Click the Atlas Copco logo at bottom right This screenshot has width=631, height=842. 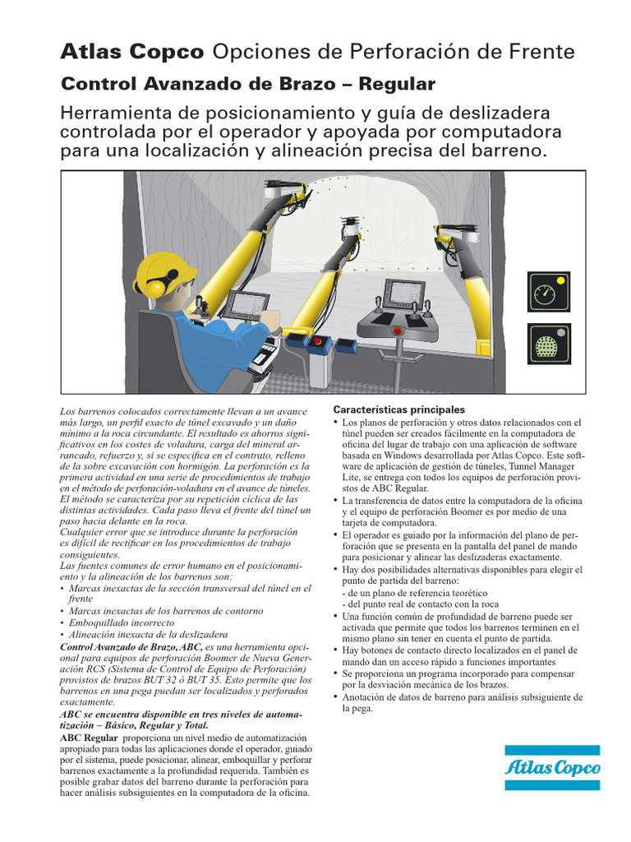click(552, 768)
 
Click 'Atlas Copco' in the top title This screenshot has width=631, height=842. click(132, 52)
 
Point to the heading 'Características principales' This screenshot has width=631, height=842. click(398, 409)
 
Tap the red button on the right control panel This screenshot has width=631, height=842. click(399, 331)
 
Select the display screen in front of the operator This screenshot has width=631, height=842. click(245, 306)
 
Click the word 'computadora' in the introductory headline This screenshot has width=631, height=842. click(498, 132)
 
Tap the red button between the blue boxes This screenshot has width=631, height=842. click(318, 340)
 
